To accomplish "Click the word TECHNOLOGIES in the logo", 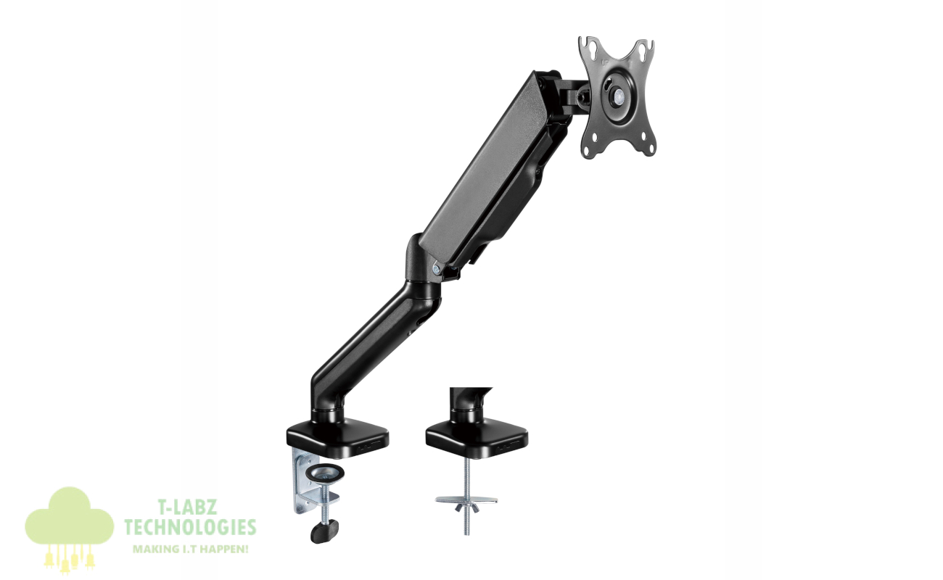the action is pos(190,527).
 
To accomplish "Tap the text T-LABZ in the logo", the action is pos(188,507).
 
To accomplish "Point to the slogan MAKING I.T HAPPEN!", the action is pos(191,550).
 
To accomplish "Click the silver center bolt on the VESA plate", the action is pos(618,95).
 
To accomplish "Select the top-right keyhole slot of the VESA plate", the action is pos(644,50).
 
